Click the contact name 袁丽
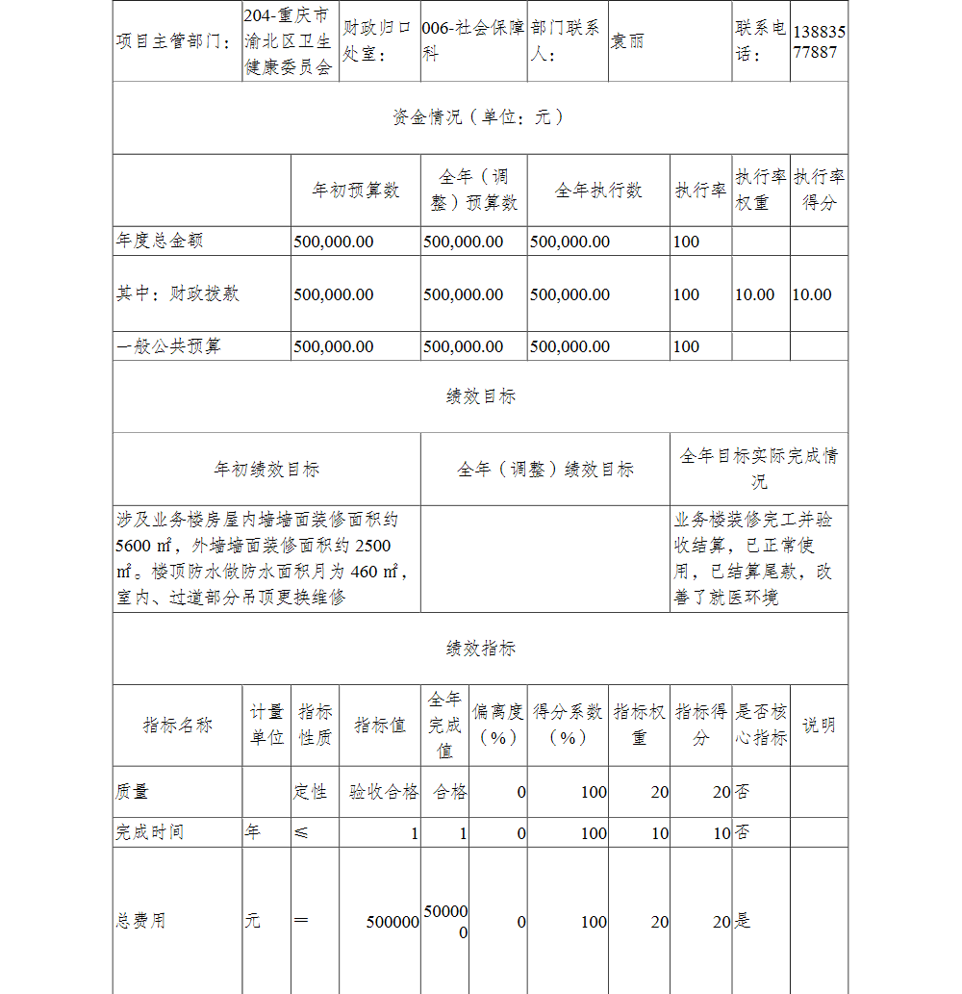point(627,42)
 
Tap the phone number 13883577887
point(819,42)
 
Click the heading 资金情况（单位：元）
point(479,117)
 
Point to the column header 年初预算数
point(355,191)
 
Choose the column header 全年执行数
point(597,191)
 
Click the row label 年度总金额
point(160,241)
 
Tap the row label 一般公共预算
point(168,346)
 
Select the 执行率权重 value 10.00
point(754,294)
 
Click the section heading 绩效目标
point(480,396)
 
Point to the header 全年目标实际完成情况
point(758,469)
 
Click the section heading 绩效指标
point(480,649)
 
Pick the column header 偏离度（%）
point(497,726)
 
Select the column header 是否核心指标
point(760,726)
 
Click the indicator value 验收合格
point(383,792)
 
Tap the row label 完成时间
point(149,832)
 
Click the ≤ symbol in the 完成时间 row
point(301,832)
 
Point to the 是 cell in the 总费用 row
point(743,922)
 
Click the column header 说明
point(819,726)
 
